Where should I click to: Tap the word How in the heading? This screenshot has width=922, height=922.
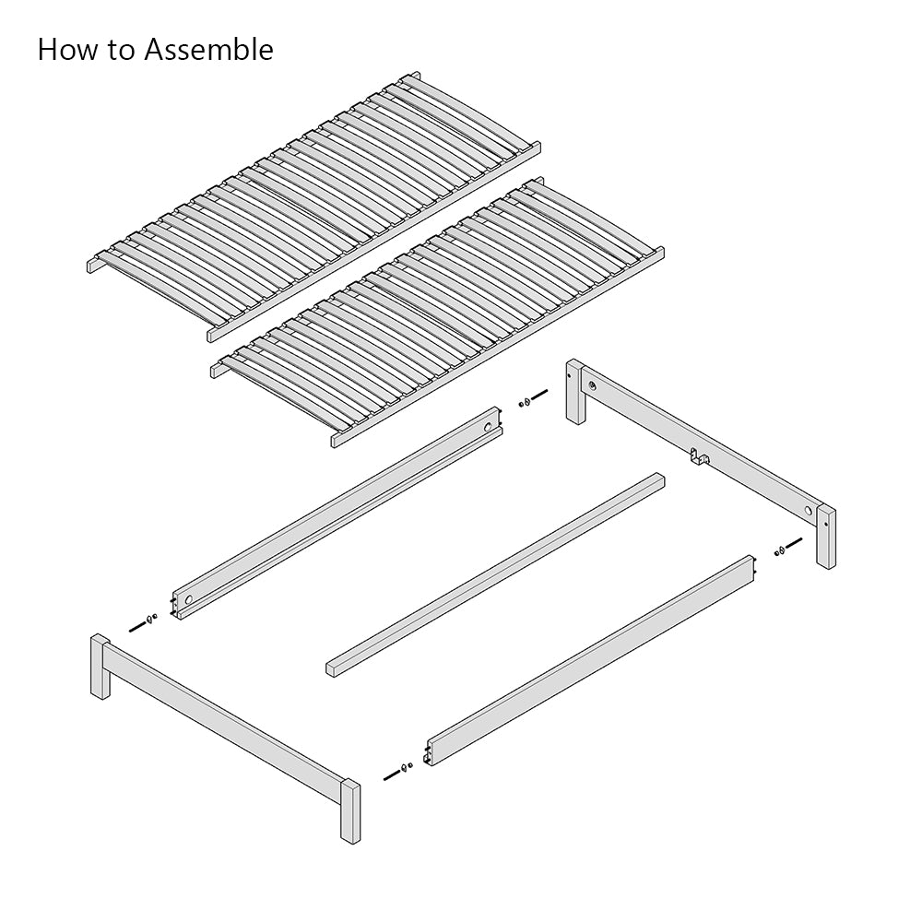[x=67, y=50]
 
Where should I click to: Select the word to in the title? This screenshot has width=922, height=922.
[x=123, y=50]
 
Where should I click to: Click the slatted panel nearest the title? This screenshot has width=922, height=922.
[x=313, y=204]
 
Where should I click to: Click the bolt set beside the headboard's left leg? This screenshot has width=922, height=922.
[x=531, y=401]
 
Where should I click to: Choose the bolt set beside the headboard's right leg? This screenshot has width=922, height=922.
[x=781, y=550]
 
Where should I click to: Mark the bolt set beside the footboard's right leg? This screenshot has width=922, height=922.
[x=397, y=768]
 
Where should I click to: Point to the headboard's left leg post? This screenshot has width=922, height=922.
[x=574, y=392]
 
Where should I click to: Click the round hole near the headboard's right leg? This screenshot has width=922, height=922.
[x=809, y=510]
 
